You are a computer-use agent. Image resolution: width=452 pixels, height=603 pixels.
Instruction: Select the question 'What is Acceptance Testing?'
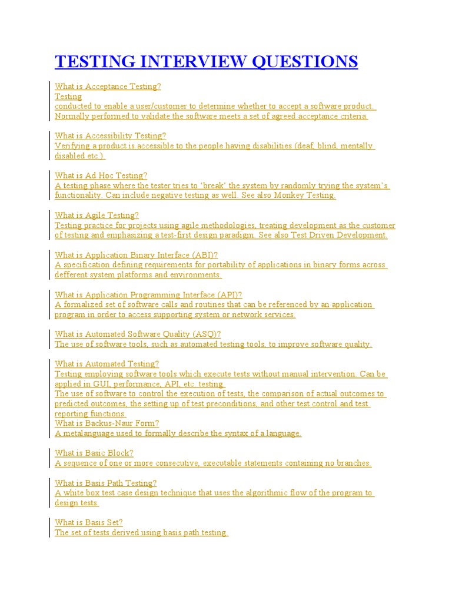pos(108,87)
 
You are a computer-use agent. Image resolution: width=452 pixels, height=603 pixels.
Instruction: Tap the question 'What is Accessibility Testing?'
pos(111,136)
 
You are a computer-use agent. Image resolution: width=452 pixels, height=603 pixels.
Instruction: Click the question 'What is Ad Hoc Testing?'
pos(101,175)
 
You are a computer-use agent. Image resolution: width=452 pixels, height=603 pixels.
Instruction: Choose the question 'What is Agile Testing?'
pos(97,216)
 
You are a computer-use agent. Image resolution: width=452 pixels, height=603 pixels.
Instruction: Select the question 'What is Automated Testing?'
pos(107,364)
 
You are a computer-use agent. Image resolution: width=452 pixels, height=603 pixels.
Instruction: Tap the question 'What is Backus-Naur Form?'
pos(107,423)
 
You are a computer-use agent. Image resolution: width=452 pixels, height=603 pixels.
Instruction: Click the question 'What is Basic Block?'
pos(94,453)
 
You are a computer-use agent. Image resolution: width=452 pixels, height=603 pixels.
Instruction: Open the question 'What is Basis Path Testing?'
pos(106,483)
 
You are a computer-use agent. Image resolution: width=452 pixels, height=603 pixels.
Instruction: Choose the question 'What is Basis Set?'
pos(88,522)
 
